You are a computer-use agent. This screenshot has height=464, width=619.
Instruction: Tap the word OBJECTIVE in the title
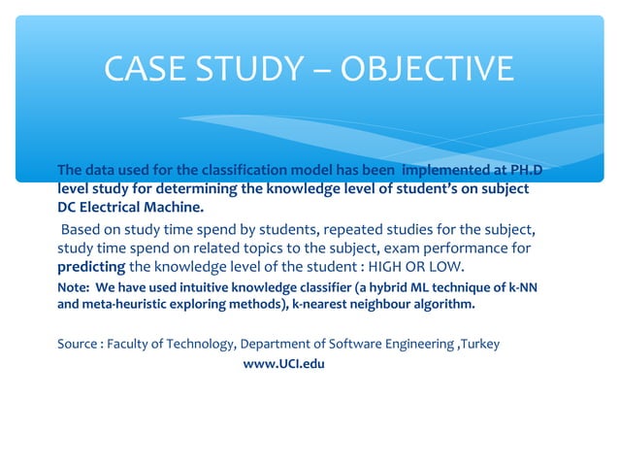click(x=424, y=69)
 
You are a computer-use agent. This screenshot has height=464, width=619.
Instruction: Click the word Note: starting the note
click(x=74, y=287)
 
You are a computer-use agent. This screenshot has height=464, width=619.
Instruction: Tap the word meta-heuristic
click(x=125, y=305)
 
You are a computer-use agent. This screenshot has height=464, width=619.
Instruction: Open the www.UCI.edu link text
click(x=283, y=364)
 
